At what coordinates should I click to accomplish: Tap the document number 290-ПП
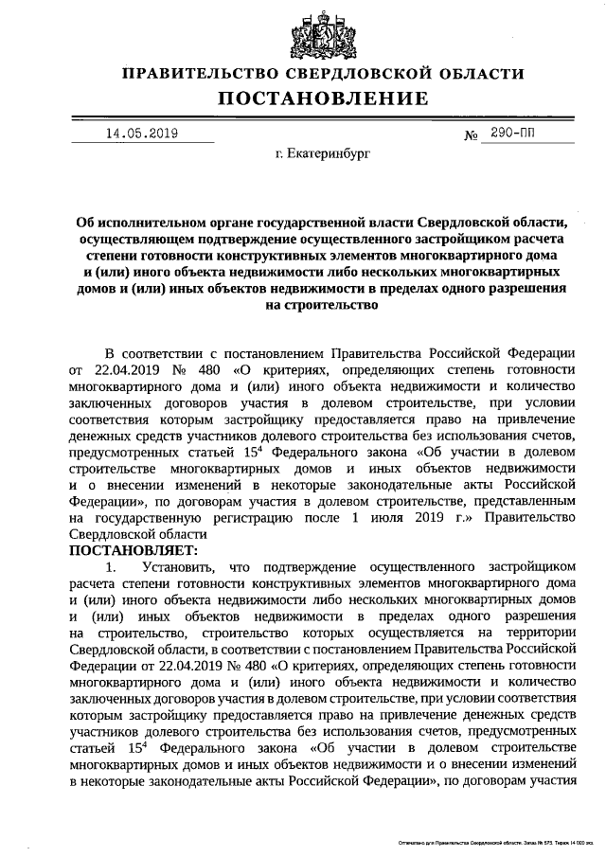coord(511,134)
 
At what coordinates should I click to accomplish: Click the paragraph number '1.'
coord(112,566)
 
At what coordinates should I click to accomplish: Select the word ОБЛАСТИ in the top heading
coord(477,73)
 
